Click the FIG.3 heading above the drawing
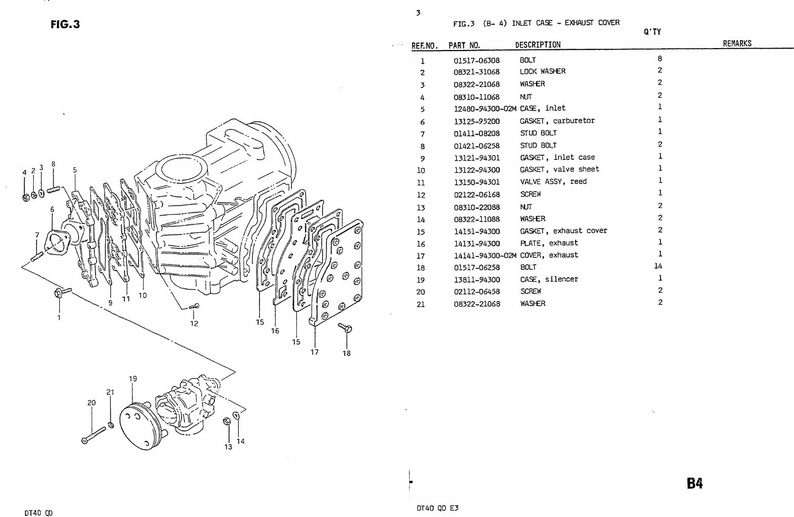[65, 24]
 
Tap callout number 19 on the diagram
[133, 378]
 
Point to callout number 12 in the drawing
[194, 324]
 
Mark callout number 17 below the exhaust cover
[315, 352]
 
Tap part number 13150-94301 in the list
[476, 182]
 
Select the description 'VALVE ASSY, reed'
[553, 182]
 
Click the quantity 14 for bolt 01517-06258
[658, 266]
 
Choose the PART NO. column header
[464, 45]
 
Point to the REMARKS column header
[737, 44]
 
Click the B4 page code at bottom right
[694, 484]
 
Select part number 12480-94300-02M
[484, 109]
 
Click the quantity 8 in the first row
[659, 59]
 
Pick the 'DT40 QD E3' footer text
[438, 508]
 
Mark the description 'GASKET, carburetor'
[557, 121]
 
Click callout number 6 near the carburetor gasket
[52, 209]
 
